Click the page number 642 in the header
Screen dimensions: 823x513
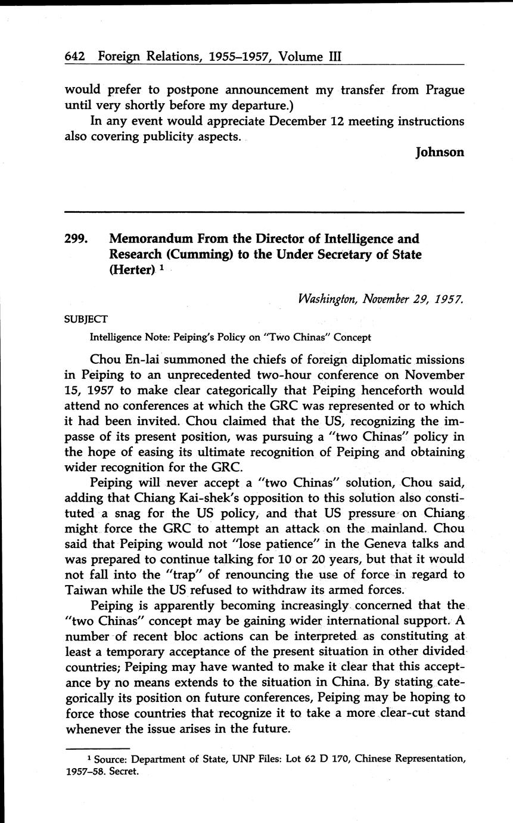[x=76, y=57]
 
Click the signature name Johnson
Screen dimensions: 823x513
[x=440, y=152]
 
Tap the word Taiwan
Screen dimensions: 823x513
[x=89, y=590]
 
